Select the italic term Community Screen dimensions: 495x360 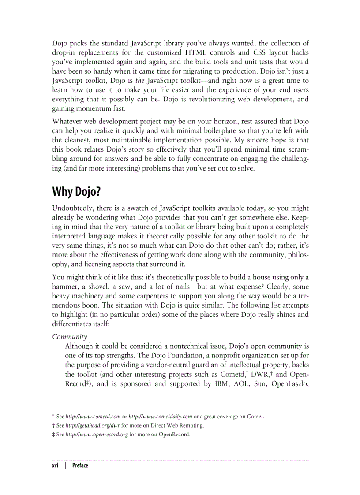(x=69, y=337)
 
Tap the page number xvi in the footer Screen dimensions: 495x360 (x=55, y=465)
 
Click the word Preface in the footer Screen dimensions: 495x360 (x=80, y=465)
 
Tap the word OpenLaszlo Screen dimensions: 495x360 (x=291, y=383)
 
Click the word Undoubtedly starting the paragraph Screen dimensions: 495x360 (x=74, y=208)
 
